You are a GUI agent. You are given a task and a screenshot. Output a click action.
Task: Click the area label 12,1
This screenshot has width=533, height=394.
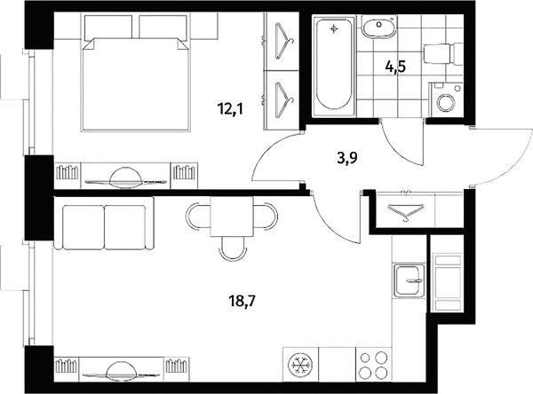click(x=231, y=109)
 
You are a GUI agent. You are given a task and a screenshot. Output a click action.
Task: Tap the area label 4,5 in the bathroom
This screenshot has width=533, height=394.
click(x=395, y=67)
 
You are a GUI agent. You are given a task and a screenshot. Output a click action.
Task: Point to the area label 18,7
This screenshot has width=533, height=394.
click(x=243, y=300)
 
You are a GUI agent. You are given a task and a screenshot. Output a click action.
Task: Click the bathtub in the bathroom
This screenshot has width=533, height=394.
click(x=335, y=65)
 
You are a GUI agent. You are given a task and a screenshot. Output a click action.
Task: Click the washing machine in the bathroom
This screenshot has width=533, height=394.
click(x=446, y=100)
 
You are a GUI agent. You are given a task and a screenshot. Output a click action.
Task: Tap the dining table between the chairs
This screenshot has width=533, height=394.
click(x=232, y=217)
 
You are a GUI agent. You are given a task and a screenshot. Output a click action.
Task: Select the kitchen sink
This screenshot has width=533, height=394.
click(x=410, y=280)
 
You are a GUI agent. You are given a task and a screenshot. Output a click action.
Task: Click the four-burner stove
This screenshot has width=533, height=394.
click(x=374, y=365)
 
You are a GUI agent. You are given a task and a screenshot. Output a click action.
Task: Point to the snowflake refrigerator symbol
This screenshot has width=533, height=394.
click(x=300, y=365)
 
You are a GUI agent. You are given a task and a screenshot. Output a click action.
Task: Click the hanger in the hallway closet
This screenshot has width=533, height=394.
click(x=406, y=210)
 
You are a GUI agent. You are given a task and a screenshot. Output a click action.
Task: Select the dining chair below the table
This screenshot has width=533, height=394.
click(x=232, y=248)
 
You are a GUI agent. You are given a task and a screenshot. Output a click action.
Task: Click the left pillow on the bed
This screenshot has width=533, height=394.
click(x=107, y=28)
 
